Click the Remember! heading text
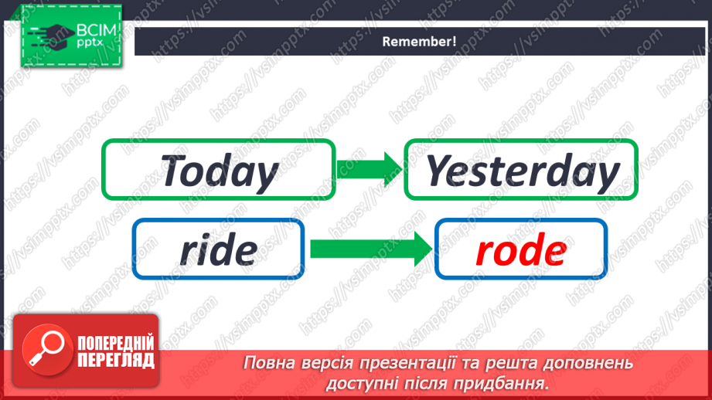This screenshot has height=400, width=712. pyautogui.click(x=419, y=42)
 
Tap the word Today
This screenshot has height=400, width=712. pyautogui.click(x=220, y=171)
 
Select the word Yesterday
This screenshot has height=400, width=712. pyautogui.click(x=523, y=171)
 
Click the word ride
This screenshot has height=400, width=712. pyautogui.click(x=218, y=249)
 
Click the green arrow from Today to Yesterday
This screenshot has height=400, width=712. pyautogui.click(x=370, y=168)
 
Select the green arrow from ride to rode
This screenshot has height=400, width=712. pyautogui.click(x=370, y=249)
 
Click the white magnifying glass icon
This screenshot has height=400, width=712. pyautogui.click(x=43, y=349)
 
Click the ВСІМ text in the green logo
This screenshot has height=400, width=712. pyautogui.click(x=96, y=31)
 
